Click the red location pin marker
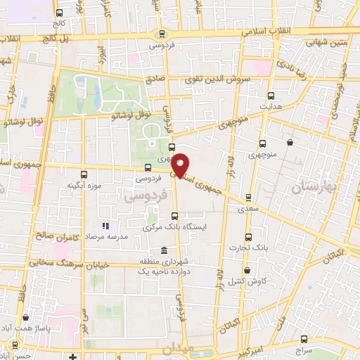point(181,165)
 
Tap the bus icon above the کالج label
point(59,13)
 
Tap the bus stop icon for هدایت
point(271,96)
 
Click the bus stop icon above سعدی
point(247,198)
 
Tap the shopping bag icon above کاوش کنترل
point(247,271)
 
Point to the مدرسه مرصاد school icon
point(106,226)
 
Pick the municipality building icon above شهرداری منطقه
point(164,251)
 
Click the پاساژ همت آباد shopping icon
point(26,318)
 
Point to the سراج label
point(304,349)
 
